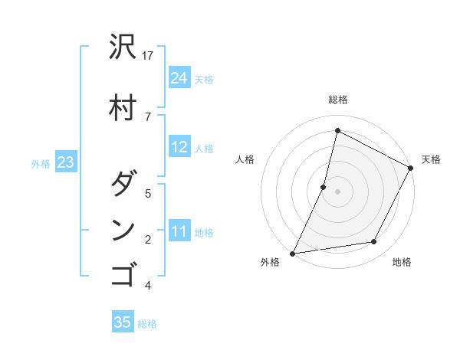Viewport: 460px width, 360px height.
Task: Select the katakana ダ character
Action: tap(123, 184)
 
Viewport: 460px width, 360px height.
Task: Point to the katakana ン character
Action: tap(123, 231)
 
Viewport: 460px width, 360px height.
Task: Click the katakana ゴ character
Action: tap(123, 274)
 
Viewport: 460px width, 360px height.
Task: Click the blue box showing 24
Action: tap(179, 77)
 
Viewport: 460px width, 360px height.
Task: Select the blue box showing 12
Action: tap(179, 147)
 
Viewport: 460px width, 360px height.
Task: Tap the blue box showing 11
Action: tap(179, 231)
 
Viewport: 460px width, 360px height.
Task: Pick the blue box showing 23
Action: tap(66, 162)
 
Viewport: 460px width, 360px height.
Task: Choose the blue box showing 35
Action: tap(123, 322)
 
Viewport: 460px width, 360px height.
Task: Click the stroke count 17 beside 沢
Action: tap(149, 56)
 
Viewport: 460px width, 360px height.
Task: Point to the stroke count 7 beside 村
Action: tap(148, 116)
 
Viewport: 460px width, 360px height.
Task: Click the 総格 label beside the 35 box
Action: tap(147, 324)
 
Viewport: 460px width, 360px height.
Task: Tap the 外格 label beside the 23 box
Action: tap(41, 163)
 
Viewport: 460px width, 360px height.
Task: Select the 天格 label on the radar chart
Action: tap(431, 159)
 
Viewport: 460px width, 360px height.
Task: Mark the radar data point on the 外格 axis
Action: tap(292, 254)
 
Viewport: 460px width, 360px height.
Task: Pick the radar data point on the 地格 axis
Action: tap(374, 242)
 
